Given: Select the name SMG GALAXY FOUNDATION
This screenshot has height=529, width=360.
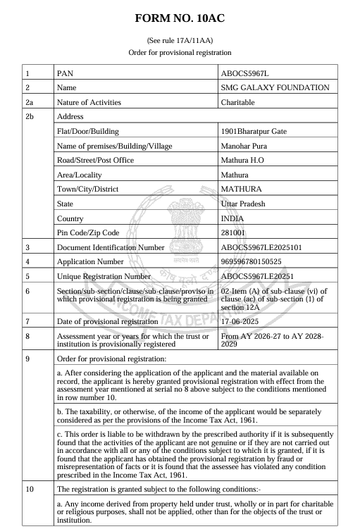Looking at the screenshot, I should (x=275, y=87).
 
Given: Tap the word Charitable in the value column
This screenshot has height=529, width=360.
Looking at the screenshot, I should (x=239, y=102).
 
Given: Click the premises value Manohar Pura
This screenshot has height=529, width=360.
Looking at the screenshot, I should (x=244, y=146).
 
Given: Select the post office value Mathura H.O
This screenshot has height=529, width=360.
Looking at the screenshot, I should (x=244, y=160).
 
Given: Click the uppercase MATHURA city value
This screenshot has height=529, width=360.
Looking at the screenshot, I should (x=241, y=189).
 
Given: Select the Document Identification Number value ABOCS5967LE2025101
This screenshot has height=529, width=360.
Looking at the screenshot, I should (x=261, y=247).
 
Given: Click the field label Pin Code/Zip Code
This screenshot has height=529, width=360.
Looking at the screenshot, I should (x=87, y=232).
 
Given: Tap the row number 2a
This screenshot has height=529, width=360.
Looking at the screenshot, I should (x=29, y=102).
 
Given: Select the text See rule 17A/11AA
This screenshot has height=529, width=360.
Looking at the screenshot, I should (x=180, y=40).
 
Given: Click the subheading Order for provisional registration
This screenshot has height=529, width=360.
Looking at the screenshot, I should (x=180, y=53).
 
